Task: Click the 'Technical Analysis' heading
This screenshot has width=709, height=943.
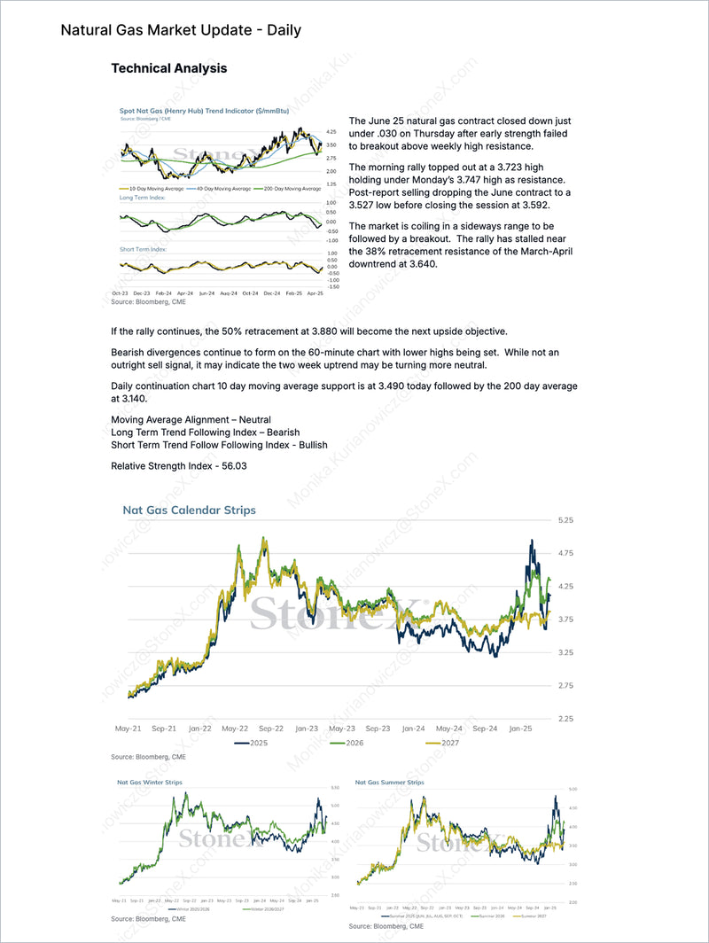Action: pos(168,68)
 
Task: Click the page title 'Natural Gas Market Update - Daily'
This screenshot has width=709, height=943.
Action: pos(181,30)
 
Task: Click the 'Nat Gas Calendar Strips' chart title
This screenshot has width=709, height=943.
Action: pos(189,510)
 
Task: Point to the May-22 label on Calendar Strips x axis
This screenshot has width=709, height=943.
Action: pos(234,729)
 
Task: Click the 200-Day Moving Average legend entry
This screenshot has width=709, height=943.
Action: pos(289,189)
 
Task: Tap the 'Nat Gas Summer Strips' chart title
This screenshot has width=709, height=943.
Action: pos(389,783)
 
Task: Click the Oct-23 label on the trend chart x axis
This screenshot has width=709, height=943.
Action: pos(121,292)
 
